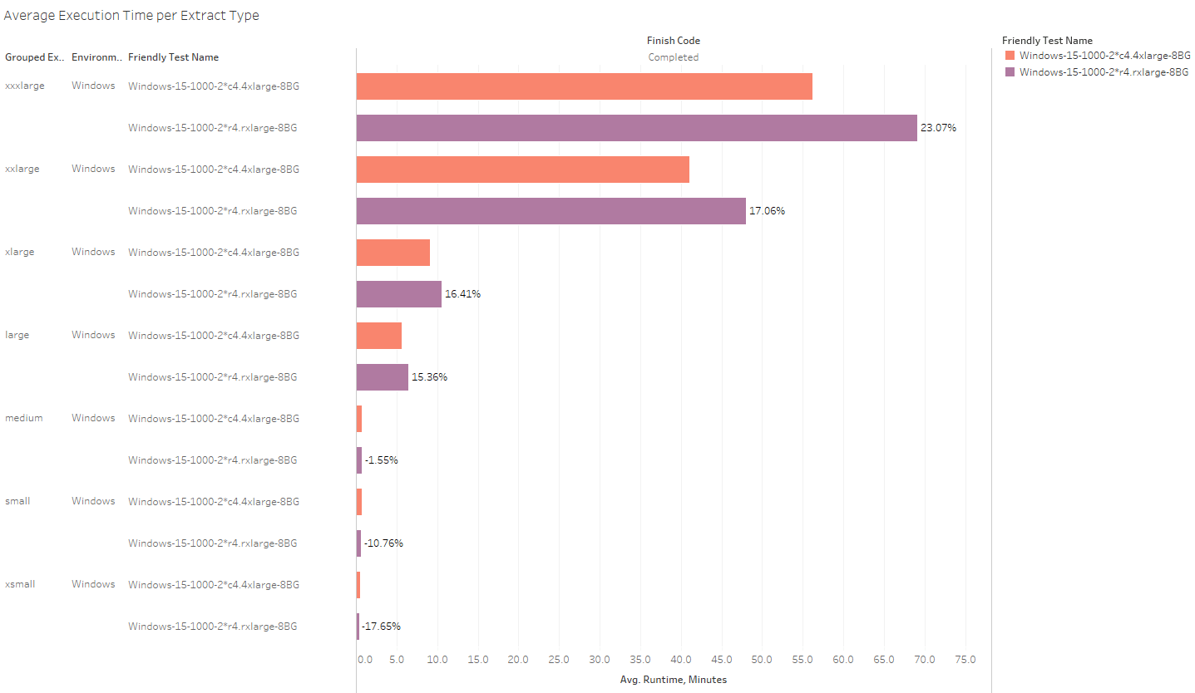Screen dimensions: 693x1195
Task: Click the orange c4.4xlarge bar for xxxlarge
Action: point(584,86)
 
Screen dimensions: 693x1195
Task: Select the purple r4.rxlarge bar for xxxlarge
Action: point(636,128)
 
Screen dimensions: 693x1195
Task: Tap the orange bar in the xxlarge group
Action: point(522,170)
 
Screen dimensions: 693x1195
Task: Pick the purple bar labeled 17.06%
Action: point(551,211)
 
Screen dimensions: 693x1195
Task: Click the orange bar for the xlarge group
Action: point(393,253)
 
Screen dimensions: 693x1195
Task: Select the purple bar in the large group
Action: point(382,377)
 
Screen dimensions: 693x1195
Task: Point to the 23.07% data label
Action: point(938,128)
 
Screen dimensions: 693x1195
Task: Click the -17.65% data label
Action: point(382,627)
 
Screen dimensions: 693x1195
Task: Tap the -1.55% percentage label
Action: point(381,460)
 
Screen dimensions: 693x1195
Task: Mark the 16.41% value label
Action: point(462,294)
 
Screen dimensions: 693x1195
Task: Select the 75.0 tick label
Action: point(965,660)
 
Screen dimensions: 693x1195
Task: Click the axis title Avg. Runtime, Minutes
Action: point(673,680)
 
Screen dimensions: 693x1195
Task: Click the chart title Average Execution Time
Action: point(131,16)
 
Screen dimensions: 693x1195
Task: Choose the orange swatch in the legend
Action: point(1010,56)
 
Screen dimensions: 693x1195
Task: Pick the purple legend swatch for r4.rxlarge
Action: point(1010,72)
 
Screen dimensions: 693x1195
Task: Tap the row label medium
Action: point(23,418)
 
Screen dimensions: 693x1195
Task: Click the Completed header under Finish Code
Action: point(673,57)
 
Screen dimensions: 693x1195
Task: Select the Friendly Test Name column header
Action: point(173,57)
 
